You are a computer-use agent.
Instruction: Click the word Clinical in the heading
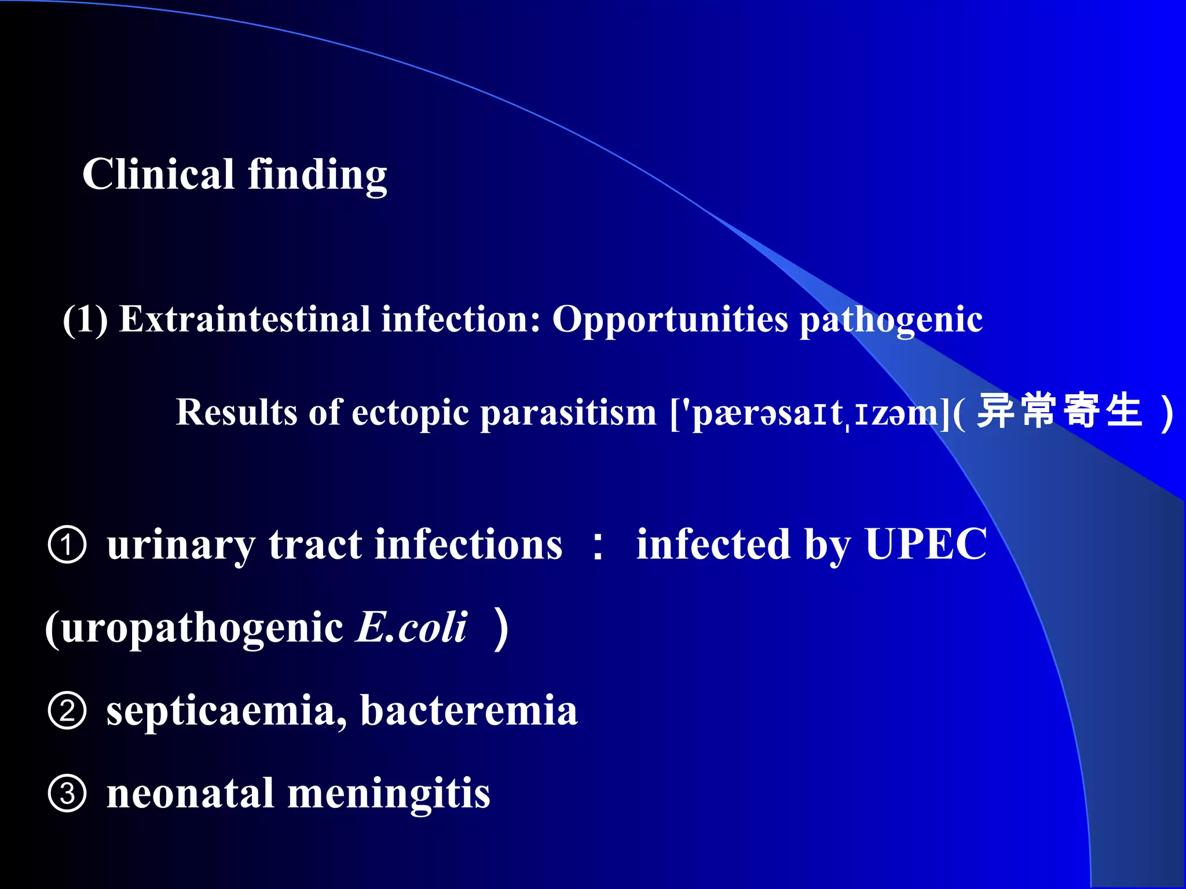(158, 174)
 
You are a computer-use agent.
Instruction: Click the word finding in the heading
(317, 175)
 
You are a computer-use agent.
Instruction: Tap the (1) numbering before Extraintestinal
(85, 319)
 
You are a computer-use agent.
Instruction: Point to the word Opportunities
(670, 320)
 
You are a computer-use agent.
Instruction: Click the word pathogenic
(891, 320)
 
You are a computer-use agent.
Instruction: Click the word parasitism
(568, 413)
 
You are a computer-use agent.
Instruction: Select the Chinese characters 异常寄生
(1059, 411)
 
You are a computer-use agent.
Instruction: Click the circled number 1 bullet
(67, 545)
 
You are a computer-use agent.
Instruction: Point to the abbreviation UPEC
(925, 544)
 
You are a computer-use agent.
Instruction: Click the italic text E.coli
(411, 627)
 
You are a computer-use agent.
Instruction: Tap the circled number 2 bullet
(67, 711)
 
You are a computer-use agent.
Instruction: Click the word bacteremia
(468, 710)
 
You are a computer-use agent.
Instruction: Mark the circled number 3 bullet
(67, 794)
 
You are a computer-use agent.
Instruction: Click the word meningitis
(389, 794)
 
